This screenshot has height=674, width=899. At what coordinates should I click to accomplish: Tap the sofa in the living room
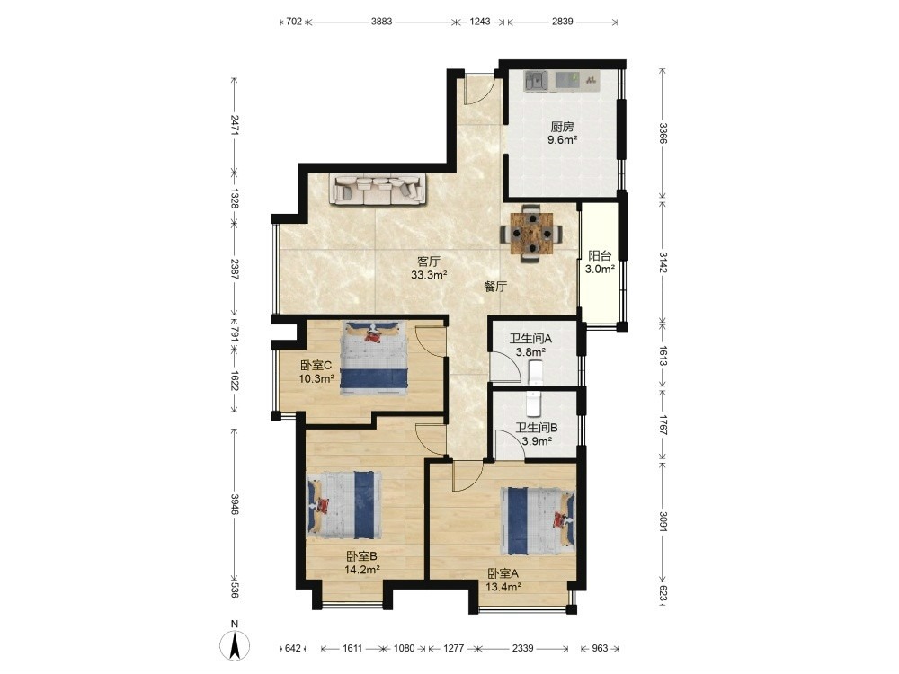coord(378,190)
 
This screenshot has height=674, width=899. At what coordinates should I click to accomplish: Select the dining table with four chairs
coord(531,234)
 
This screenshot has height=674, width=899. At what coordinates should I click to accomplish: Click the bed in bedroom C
coord(374,359)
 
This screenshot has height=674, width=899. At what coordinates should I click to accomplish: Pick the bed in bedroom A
coord(538,521)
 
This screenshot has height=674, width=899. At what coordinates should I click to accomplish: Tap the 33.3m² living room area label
coord(429,275)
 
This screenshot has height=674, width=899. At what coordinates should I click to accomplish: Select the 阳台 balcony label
coord(600,256)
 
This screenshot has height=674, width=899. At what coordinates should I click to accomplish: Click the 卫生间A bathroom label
coord(530,339)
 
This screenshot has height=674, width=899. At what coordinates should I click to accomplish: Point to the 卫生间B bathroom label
coord(537,428)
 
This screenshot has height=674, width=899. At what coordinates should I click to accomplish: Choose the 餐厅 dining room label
coord(495,288)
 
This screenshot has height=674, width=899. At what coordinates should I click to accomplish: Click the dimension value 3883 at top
coord(381,22)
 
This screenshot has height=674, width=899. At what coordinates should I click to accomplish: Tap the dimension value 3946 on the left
coord(235,504)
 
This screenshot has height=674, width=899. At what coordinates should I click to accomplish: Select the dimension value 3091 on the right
coord(663,521)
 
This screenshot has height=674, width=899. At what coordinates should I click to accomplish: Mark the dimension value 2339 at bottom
coord(522,648)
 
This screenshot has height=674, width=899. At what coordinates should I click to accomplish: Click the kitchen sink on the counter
coord(536,80)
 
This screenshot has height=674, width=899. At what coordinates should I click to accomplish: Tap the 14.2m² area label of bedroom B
coord(362,570)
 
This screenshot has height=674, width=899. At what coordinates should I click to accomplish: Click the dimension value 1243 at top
coord(480,22)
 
